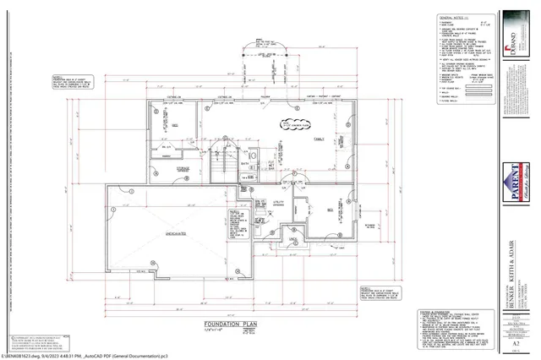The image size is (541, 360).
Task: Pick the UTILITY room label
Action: (x=278, y=203)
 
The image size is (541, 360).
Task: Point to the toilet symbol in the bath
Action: (x=243, y=178)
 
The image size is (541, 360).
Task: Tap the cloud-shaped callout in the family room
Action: (x=299, y=123)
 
